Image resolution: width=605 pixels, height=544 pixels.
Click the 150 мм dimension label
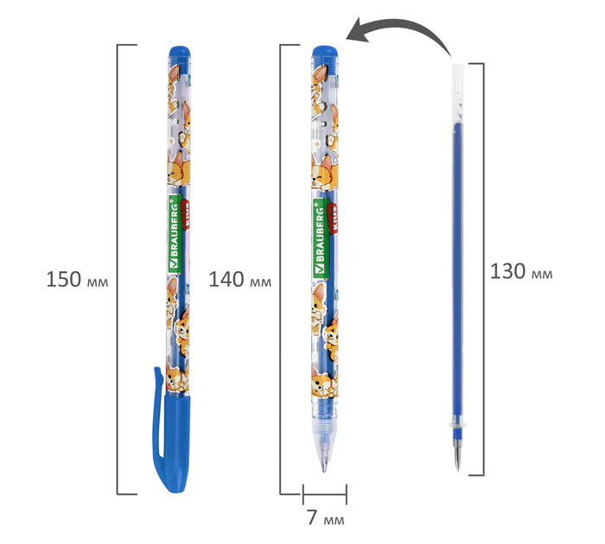[x=77, y=280]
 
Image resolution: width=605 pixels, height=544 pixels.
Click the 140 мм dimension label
[x=239, y=280]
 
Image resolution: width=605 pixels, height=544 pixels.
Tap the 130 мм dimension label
[x=521, y=271]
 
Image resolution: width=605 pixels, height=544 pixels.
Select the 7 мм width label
[x=326, y=518]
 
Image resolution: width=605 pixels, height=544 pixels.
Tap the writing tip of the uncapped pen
[x=324, y=468]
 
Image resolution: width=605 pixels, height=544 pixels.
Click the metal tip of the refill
[x=457, y=459]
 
